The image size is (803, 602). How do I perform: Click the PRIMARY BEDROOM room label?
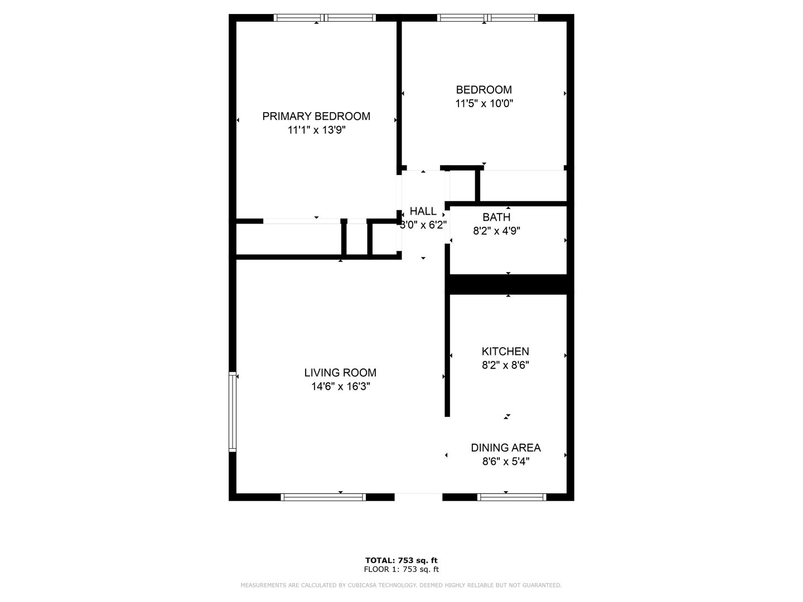[316, 116]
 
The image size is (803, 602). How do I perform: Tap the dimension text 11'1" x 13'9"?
[316, 130]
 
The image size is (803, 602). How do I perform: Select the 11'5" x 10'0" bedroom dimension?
[484, 104]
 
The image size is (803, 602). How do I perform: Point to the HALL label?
[423, 211]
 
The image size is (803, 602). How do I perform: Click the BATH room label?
[496, 217]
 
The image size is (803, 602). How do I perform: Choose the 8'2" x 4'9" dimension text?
[496, 231]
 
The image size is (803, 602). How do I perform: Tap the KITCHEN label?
[505, 352]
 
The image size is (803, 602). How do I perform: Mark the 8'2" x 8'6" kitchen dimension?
[505, 365]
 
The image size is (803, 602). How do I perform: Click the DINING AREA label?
[506, 448]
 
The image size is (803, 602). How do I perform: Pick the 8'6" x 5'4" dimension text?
[506, 462]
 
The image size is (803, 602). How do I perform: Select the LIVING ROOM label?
[340, 373]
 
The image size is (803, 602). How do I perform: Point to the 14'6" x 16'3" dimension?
[340, 386]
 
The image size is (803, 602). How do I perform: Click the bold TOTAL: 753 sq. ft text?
[401, 560]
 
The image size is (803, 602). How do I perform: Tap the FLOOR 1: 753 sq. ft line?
[401, 570]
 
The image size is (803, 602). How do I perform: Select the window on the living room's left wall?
[233, 411]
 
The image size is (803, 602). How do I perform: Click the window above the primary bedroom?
[325, 17]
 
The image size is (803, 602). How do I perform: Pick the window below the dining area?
[511, 497]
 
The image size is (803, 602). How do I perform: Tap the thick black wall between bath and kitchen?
[509, 284]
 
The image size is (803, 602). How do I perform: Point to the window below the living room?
[323, 497]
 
